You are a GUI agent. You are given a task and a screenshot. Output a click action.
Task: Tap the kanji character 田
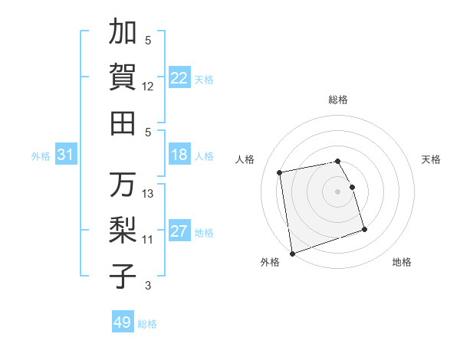coord(123,122)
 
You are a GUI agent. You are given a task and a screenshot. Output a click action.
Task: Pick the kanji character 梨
coord(123,229)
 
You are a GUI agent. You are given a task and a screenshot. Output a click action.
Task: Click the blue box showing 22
coord(179,77)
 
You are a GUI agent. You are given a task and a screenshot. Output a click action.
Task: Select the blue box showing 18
coord(179,155)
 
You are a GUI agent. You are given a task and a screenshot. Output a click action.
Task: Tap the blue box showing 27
coord(179,232)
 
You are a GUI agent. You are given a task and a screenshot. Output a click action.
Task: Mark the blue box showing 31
coord(65,155)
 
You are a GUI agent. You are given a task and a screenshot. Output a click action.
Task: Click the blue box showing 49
coord(122,322)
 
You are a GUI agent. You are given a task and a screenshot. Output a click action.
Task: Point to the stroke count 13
coord(149,194)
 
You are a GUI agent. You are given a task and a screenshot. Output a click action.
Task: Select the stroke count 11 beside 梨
coord(148,240)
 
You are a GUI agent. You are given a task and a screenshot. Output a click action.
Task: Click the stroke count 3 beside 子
coord(148,286)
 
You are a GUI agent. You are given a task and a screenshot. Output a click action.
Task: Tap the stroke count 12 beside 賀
coord(148,86)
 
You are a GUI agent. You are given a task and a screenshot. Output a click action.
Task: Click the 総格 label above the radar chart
coord(338,100)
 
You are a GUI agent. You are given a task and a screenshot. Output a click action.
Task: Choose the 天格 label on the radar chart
coord(431,159)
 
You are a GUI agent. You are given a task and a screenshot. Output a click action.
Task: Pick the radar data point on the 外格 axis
coord(292,254)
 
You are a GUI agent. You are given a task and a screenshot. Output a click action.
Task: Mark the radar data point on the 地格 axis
coord(364,230)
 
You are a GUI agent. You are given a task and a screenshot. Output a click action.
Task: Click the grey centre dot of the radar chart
coord(338,191)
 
